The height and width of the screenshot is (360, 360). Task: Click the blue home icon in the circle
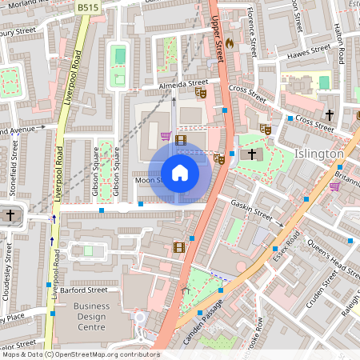pos(180,173)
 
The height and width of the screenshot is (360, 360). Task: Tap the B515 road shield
pos(89,6)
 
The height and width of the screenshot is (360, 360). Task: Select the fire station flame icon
pos(230,42)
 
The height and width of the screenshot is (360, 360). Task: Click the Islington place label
pos(319,154)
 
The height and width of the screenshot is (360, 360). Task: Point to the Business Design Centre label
pos(102,312)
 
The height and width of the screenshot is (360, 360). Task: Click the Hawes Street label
pos(308,50)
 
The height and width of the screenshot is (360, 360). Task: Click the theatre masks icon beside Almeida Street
pos(201,93)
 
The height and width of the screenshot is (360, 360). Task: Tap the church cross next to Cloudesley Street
pos(10,215)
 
